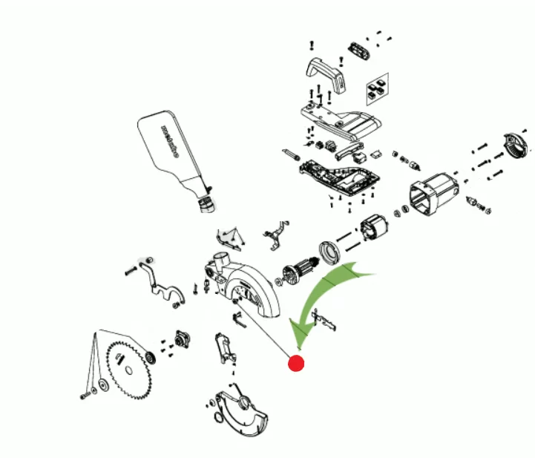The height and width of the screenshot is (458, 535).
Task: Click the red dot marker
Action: (296, 363)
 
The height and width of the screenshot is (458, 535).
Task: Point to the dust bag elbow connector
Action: (205, 200)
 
